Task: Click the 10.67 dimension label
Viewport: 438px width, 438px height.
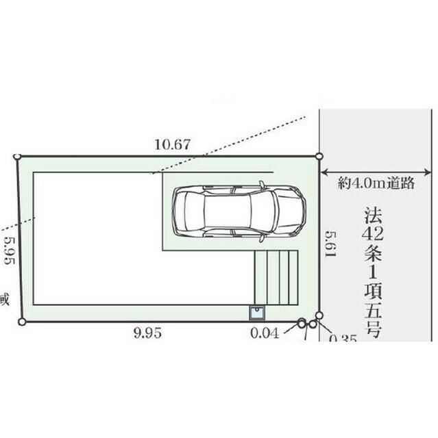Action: coord(173,144)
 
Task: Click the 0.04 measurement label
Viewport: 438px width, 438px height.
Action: coord(265,334)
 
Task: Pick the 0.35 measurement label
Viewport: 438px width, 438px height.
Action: coord(343,338)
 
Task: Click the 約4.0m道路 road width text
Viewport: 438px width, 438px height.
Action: coord(376,183)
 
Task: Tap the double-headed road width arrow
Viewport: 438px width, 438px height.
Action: coord(378,170)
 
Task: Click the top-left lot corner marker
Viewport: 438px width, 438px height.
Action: coord(17,157)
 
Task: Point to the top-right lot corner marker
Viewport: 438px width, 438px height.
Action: coord(319,155)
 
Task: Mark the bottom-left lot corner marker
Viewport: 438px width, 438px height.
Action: coord(22,321)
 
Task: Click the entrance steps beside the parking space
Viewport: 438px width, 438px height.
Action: coord(276,277)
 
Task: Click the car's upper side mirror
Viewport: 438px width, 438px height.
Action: coord(262,184)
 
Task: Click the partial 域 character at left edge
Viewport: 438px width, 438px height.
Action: coord(4,299)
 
